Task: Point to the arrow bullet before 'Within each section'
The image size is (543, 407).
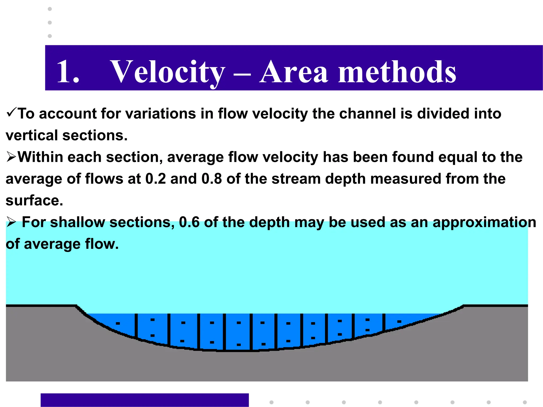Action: [x=11, y=157]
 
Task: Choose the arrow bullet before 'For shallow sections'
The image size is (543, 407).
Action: [x=11, y=222]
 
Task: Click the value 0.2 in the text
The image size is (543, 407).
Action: [x=156, y=179]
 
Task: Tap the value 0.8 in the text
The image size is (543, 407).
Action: [x=212, y=179]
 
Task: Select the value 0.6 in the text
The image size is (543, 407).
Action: [x=189, y=222]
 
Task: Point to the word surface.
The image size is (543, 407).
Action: [x=34, y=200]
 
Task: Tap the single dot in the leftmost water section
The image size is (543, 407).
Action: [x=118, y=323]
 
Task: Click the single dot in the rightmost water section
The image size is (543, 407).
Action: [x=399, y=322]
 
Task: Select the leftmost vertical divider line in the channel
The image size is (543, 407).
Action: [x=136, y=326]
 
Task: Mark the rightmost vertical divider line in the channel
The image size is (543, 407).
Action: [x=384, y=322]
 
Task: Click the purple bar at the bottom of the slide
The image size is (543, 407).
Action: [x=144, y=400]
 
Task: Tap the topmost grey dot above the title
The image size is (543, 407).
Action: [x=50, y=9]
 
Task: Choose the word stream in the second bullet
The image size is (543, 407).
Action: [x=296, y=179]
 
